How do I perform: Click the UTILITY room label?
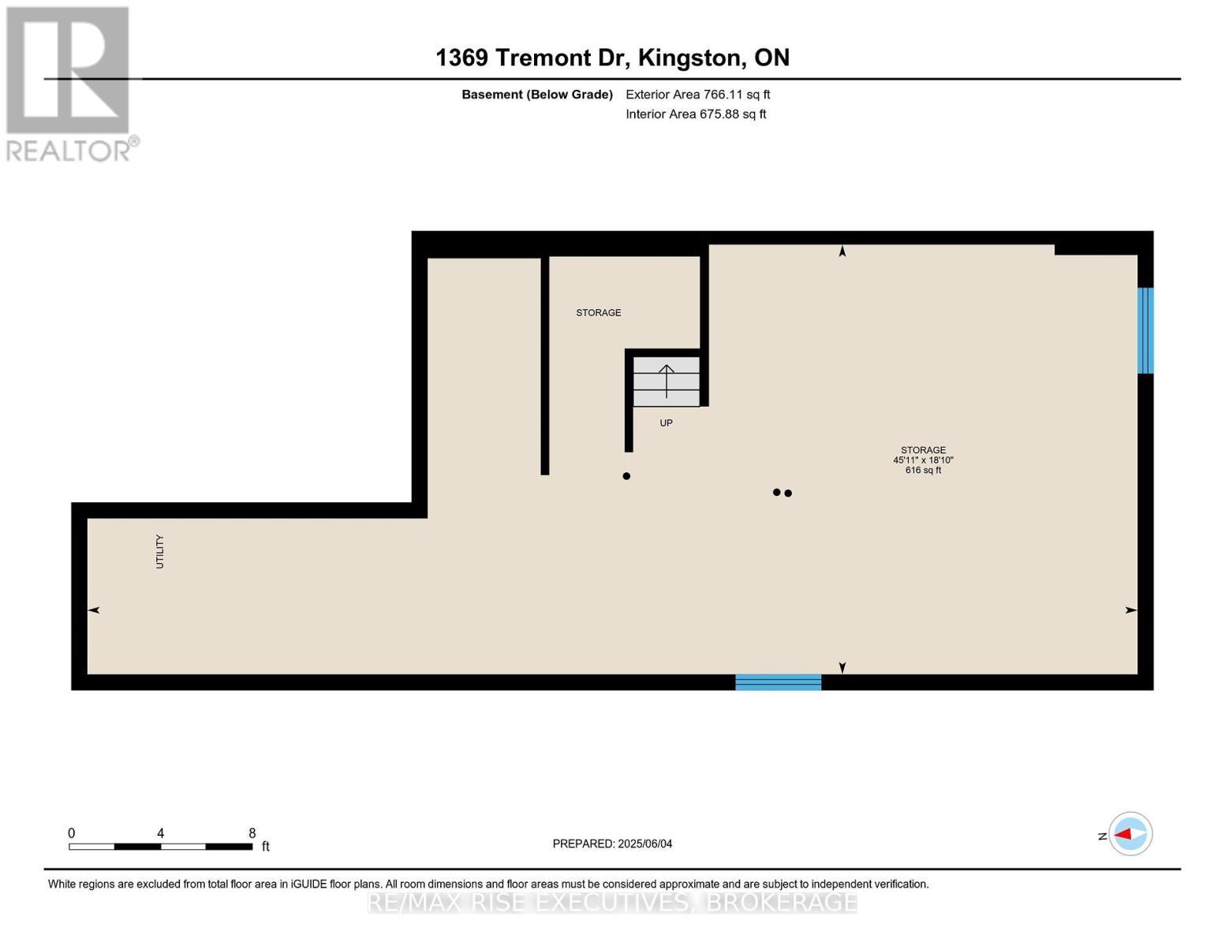[159, 551]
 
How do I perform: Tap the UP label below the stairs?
[666, 423]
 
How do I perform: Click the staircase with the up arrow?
[667, 381]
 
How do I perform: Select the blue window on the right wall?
[1145, 330]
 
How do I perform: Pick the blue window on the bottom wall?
[778, 682]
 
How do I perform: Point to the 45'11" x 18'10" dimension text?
[923, 460]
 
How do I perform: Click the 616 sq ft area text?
[923, 471]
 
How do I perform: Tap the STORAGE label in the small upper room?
[598, 313]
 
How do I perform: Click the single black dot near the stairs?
[626, 476]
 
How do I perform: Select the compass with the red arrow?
[1130, 833]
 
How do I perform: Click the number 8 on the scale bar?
[252, 833]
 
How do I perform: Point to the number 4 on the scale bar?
[161, 833]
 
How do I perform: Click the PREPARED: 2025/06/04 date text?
[612, 844]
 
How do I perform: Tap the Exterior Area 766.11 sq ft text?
[697, 95]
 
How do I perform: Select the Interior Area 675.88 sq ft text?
[696, 114]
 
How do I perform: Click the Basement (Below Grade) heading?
[536, 95]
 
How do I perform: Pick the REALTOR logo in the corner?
[69, 83]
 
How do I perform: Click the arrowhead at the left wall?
[94, 610]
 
